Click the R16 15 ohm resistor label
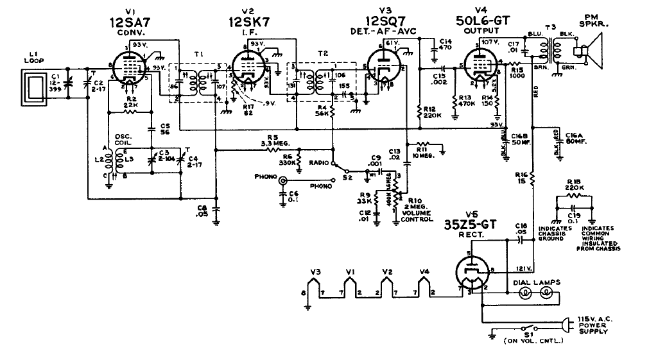(x=521, y=177)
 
